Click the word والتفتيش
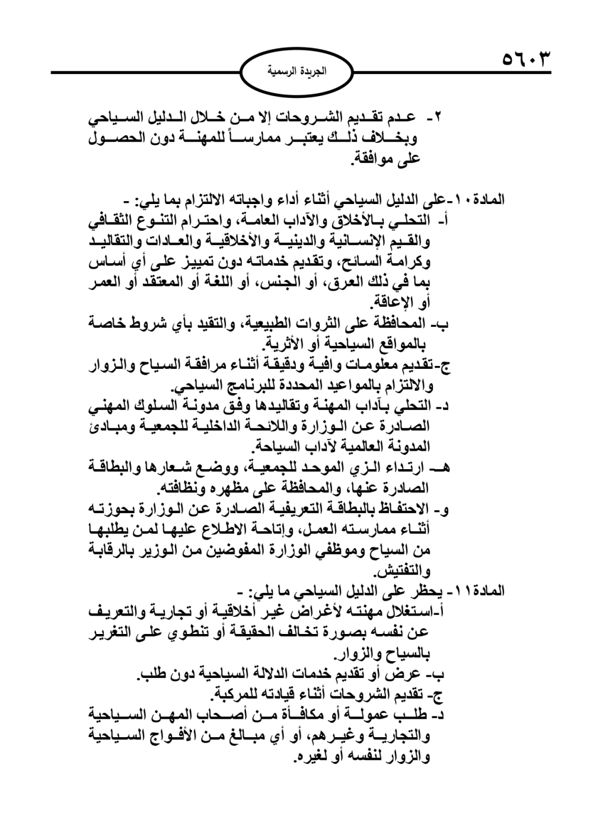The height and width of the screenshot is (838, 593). pos(401,572)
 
